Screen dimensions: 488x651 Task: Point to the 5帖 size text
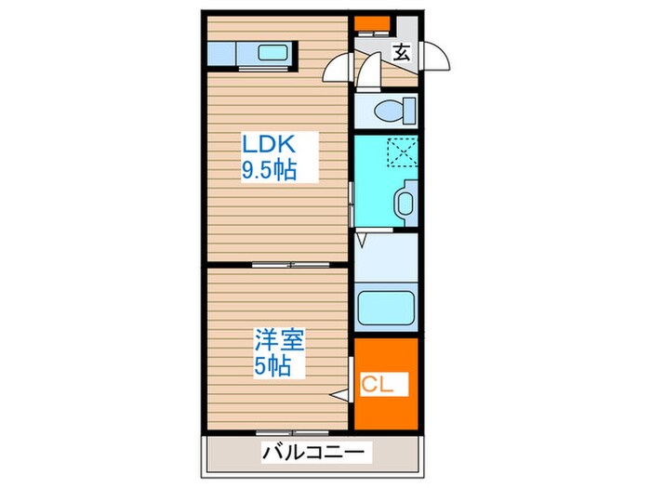[x=272, y=366]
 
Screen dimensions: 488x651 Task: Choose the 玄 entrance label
[x=401, y=53]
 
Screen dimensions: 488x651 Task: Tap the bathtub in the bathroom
[x=386, y=308]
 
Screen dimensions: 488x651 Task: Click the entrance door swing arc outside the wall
[x=435, y=58]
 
